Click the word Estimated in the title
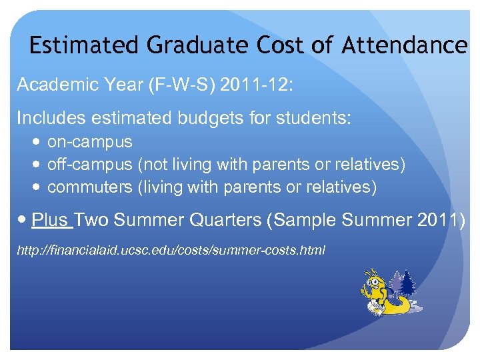(x=85, y=46)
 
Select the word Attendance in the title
(x=405, y=46)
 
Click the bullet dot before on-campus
(x=37, y=142)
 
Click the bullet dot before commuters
(x=37, y=187)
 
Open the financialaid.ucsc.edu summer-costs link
(x=171, y=251)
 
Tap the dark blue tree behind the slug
(x=408, y=283)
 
